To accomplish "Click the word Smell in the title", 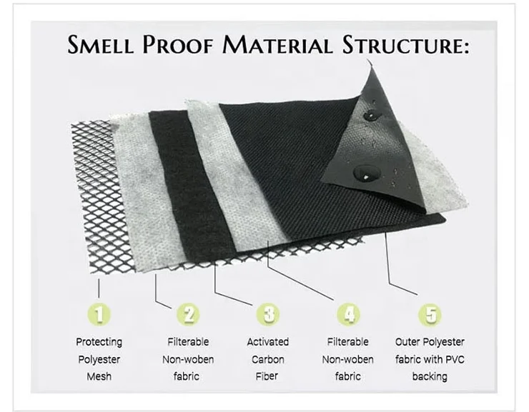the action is pos(100,45).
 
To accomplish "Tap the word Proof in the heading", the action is pos(178,45).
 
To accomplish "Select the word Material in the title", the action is pos(277,45).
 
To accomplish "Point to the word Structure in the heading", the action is pos(405,45).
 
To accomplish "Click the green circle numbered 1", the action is pos(99,314).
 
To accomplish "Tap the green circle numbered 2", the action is pos(188,314).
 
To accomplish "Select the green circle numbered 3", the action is pos(268,314).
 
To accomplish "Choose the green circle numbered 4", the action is pos(349,314).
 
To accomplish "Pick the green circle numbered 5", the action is pos(430,314).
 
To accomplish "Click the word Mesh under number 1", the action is pos(99,376).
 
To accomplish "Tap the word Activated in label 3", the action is pos(268,342).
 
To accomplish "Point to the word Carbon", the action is pos(268,359).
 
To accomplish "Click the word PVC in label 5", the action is pos(455,359).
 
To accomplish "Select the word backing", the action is pos(430,376).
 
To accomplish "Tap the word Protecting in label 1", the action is pos(99,342).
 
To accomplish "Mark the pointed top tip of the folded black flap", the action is pos(367,60).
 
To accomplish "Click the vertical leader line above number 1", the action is pos(99,288).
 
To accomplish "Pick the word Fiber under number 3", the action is pos(267,376).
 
